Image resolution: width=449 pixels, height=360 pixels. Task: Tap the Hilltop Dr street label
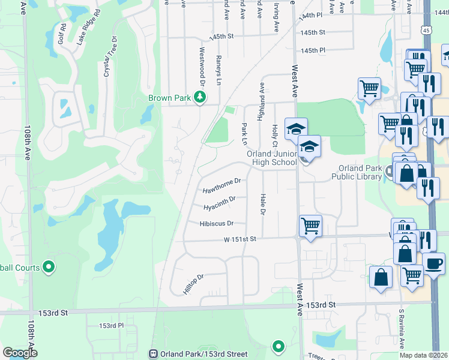coord(194,284)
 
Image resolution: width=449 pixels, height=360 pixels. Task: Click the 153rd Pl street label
coord(111,325)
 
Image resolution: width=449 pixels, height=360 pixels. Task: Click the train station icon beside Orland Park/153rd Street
coord(154,354)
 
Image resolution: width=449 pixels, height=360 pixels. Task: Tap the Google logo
coord(20,353)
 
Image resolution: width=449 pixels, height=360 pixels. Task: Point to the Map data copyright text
coord(424,355)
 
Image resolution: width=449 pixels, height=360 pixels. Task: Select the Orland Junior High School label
coord(272,158)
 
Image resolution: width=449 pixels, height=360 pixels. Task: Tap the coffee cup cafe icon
coord(433,263)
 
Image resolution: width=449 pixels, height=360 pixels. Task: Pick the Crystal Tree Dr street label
coord(108,58)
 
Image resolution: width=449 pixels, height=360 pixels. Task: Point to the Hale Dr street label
coord(263,204)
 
